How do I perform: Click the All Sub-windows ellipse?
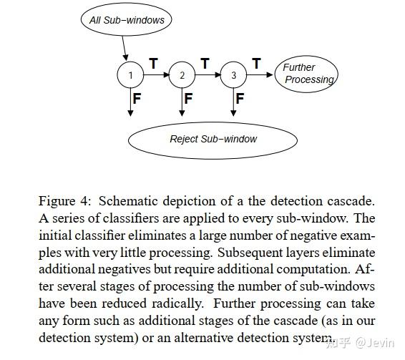coord(127,20)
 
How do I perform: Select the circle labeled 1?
coord(130,75)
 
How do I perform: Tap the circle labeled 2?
coord(182,75)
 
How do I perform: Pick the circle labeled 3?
coord(233,75)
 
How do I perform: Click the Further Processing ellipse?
coord(306,74)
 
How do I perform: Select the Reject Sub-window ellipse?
coord(213,139)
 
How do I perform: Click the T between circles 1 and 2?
coord(153,64)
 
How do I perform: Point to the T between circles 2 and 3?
coord(205,64)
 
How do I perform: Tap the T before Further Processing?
coord(256,64)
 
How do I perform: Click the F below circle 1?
coord(137,99)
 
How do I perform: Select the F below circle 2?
coord(188,99)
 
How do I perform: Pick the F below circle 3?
coord(240,99)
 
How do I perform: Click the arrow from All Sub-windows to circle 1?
coord(125,49)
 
